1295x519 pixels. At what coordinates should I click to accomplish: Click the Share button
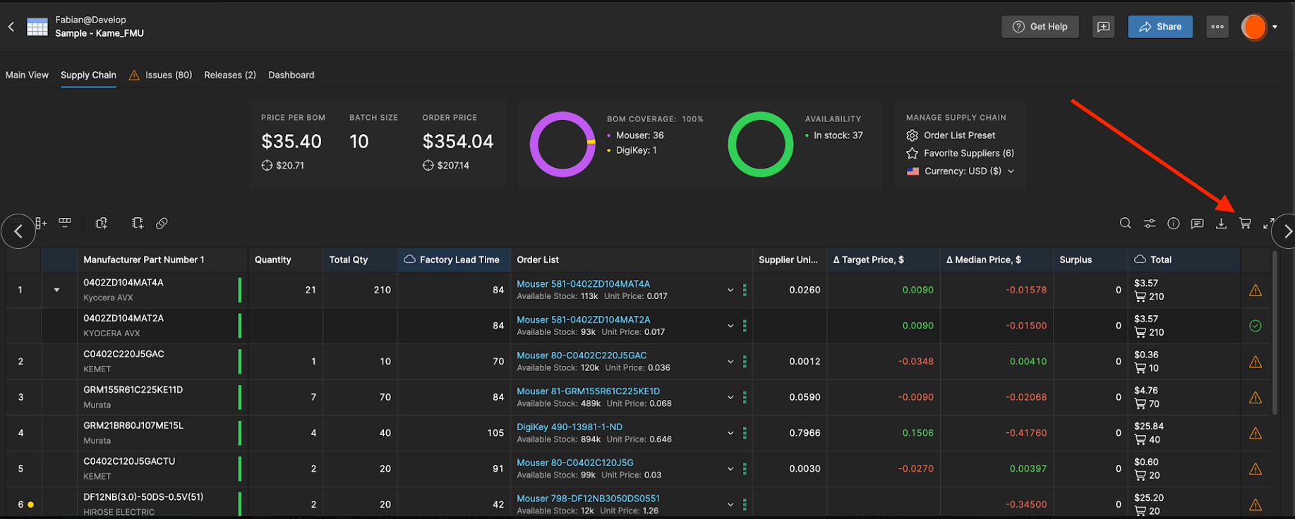click(1160, 27)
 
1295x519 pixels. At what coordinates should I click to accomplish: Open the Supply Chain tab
click(88, 75)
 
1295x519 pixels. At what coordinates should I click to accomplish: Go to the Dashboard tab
click(291, 75)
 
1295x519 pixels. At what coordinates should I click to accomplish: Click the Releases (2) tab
click(230, 75)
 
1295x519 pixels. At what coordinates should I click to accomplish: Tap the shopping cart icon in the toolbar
click(1245, 224)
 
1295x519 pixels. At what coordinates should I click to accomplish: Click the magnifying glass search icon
click(1126, 224)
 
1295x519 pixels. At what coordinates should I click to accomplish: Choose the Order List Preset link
click(959, 135)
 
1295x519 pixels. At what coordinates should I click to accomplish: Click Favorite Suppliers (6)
click(968, 153)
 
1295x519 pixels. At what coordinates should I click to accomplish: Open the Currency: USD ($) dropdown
click(960, 171)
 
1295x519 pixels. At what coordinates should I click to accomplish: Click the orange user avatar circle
click(1254, 27)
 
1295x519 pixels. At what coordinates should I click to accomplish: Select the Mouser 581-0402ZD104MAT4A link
click(583, 284)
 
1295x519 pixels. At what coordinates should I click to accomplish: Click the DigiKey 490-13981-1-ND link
click(570, 427)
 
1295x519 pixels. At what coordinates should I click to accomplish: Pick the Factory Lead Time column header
click(459, 259)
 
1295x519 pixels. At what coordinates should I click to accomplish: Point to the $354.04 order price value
click(458, 142)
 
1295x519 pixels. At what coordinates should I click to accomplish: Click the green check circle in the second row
click(1255, 326)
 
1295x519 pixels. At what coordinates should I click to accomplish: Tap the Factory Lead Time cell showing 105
click(495, 433)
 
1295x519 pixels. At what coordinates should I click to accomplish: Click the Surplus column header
click(1076, 259)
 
